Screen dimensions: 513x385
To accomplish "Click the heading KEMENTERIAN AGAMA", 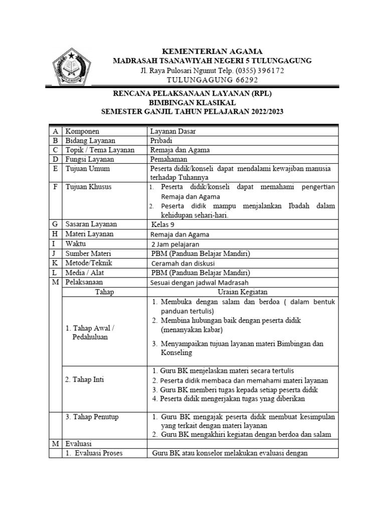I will pyautogui.click(x=212, y=51).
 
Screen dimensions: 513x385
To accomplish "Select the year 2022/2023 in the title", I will pyautogui.click(x=263, y=111).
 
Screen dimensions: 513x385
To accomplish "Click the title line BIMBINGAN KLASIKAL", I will pyautogui.click(x=192, y=102).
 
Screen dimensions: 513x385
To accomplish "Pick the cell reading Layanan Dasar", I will pyautogui.click(x=173, y=131).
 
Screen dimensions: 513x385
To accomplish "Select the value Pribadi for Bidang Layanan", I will pyautogui.click(x=161, y=140).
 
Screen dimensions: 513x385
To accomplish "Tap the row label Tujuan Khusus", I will pyautogui.click(x=89, y=187).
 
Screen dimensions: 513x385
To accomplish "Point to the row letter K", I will pyautogui.click(x=55, y=263).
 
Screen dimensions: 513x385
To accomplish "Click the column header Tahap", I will pyautogui.click(x=104, y=292).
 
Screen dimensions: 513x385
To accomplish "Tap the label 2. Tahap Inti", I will pyautogui.click(x=85, y=380).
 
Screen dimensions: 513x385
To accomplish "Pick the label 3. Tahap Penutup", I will pyautogui.click(x=92, y=417).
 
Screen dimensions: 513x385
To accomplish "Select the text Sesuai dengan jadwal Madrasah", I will pyautogui.click(x=200, y=282).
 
